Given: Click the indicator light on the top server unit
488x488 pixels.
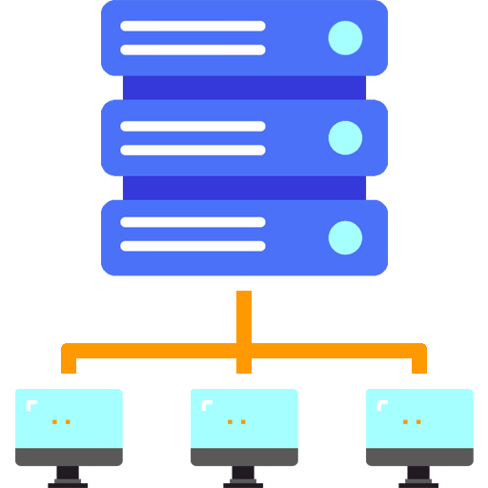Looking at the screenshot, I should [345, 38].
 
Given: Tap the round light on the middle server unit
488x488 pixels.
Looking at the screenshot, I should [345, 137].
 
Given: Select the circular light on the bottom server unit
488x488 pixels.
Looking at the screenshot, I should [345, 237].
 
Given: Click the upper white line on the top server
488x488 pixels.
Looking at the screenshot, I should [193, 26].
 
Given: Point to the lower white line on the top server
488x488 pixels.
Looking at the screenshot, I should [193, 51].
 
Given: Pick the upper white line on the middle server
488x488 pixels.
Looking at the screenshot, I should [193, 126].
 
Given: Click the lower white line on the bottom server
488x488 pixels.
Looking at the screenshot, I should [193, 246].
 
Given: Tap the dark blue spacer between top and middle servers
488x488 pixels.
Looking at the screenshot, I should [244, 88].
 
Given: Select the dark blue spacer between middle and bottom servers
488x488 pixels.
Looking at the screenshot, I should [244, 188].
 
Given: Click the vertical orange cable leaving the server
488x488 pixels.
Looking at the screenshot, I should [244, 315].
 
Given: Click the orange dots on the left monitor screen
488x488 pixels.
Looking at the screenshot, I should [61, 421].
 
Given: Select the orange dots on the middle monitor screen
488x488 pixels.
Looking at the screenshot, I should [236, 421].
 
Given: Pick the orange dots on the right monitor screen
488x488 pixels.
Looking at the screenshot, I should [412, 421].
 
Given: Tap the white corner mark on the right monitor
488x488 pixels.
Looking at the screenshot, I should [382, 404].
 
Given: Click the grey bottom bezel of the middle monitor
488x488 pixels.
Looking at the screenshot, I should [244, 457].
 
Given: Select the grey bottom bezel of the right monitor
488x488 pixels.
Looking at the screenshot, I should [419, 457].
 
